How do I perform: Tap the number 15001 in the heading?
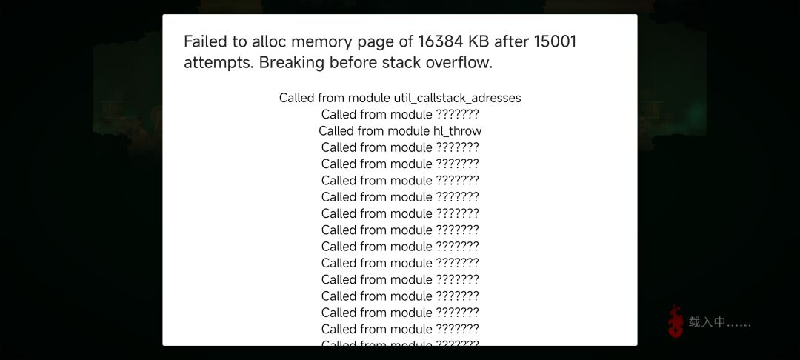click(555, 41)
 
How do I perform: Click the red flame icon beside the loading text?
click(676, 321)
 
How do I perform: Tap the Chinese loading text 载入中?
click(707, 322)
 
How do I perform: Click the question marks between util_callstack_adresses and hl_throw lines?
click(457, 114)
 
